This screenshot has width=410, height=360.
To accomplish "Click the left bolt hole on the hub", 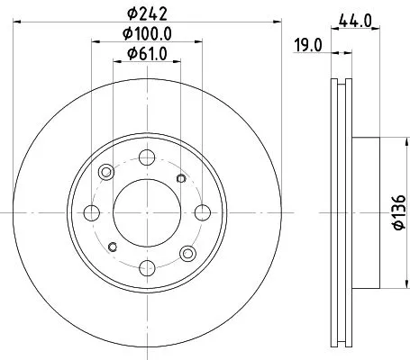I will coord(91,211).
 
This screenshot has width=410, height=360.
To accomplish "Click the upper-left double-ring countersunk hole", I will coord(106,172).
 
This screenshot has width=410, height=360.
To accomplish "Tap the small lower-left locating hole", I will coord(112,246).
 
